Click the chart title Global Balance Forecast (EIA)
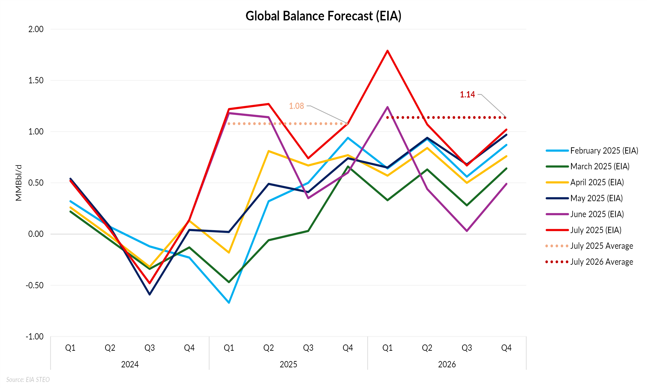tap(323, 16)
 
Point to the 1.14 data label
tap(467, 94)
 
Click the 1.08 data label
tap(296, 106)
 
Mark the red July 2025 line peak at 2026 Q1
tap(387, 51)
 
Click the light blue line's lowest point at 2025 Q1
tap(229, 302)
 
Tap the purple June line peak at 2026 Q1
tap(387, 107)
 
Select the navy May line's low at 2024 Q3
tap(150, 294)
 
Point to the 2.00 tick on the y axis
tap(36, 29)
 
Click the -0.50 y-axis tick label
tap(35, 285)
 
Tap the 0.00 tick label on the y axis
tap(36, 234)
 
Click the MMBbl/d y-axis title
tap(18, 183)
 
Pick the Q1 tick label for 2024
tap(70, 348)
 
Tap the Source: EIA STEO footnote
tap(28, 379)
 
